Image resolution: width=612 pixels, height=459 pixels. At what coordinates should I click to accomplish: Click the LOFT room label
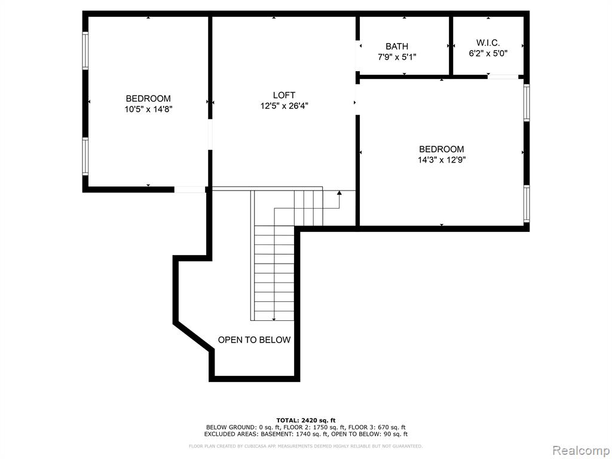(284, 95)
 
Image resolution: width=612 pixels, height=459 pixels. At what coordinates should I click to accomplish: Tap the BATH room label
(397, 47)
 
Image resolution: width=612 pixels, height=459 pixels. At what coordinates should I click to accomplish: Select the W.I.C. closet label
(488, 43)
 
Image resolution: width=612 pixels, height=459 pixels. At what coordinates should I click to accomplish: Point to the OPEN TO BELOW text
(254, 340)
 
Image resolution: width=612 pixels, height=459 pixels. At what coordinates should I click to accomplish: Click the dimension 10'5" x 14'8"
(148, 109)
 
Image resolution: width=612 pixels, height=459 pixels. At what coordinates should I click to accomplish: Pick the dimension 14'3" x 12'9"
(442, 160)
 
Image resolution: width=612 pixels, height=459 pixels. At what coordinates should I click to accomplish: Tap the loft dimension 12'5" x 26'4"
(284, 106)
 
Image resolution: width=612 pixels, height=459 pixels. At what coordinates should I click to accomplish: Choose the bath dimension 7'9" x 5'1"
(397, 57)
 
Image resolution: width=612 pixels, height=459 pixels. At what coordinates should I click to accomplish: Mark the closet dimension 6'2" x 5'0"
(488, 53)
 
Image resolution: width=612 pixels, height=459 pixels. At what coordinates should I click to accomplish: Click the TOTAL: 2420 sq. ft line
(306, 420)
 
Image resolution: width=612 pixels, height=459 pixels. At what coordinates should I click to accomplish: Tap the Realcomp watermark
(582, 451)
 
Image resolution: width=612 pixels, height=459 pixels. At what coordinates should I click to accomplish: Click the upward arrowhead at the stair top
(339, 193)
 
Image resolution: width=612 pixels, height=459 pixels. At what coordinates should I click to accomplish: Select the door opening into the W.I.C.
(503, 77)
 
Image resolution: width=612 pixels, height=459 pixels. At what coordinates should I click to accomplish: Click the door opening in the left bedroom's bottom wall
(189, 189)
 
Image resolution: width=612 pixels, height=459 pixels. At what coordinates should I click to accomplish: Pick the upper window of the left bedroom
(85, 51)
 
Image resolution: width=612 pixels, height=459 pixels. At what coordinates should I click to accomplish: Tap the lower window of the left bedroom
(85, 156)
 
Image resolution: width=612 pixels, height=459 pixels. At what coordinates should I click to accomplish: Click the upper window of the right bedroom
(527, 103)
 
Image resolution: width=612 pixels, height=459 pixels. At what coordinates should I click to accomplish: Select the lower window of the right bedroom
(527, 204)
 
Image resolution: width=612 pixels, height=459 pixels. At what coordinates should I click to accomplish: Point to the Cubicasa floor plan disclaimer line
(305, 446)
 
